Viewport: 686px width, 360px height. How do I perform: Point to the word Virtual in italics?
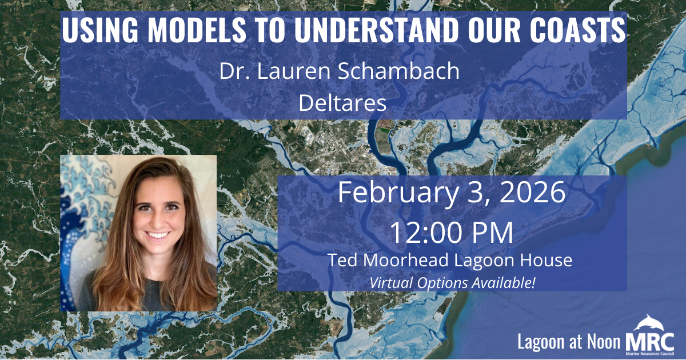click(x=390, y=282)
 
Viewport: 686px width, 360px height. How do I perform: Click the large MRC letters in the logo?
click(x=650, y=342)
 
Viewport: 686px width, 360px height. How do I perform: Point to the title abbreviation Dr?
click(x=230, y=72)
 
